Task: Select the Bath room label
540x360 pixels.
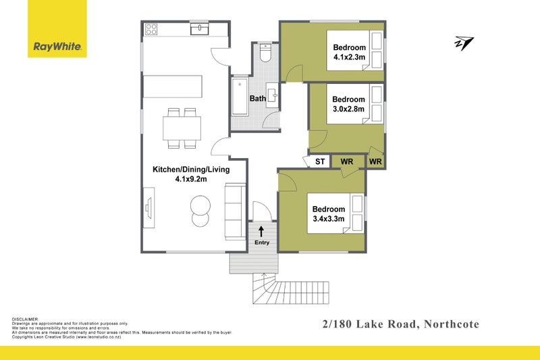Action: click(x=257, y=99)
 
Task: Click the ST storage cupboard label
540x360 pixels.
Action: click(x=320, y=162)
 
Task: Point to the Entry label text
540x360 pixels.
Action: click(x=261, y=242)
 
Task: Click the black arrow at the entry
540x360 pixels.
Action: click(x=261, y=231)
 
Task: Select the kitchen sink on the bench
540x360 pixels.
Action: click(x=200, y=29)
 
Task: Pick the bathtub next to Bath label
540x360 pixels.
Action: click(x=240, y=99)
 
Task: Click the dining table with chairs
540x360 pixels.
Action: click(x=182, y=126)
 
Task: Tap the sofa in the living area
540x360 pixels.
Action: click(x=235, y=211)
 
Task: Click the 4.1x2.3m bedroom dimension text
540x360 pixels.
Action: click(x=350, y=57)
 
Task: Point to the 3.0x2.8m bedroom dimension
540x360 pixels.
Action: click(x=348, y=109)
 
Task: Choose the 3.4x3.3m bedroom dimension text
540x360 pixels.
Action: click(x=329, y=219)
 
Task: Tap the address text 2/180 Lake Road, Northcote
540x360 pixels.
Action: click(x=400, y=325)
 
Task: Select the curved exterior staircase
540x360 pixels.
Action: click(x=266, y=289)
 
